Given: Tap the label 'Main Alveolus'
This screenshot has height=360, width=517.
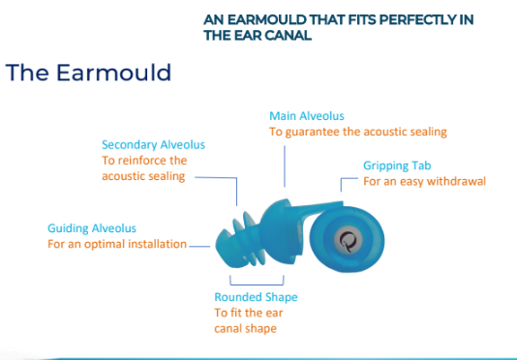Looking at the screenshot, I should pos(307,116).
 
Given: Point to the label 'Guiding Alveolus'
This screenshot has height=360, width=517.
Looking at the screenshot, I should pos(92,228).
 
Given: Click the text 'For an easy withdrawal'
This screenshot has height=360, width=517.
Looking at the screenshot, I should pos(423,181).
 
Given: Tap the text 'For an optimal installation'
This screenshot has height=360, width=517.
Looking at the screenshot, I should pos(116,244).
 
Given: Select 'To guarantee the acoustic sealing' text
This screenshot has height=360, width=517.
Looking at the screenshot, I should pos(357,132).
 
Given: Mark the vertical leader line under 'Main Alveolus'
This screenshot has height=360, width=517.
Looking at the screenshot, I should pos(284,165).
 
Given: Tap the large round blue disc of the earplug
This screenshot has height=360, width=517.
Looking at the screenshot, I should pos(370,239).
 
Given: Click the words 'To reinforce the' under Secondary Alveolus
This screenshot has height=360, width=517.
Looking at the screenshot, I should pos(144,161).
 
